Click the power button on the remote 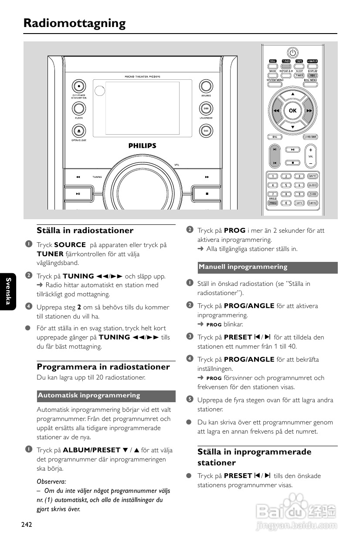point(292,52)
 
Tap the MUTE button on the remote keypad point(312,176)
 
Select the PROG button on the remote point(273,203)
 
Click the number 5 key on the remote point(286,185)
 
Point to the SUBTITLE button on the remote point(312,203)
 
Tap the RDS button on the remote point(312,75)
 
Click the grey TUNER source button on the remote point(286,61)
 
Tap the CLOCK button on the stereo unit point(78,108)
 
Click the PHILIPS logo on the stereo point(142,146)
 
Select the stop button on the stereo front point(207,193)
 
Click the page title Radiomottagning point(75,23)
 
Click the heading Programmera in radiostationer point(103,366)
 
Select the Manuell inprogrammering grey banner point(268,267)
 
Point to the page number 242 point(27,525)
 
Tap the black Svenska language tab point(8,292)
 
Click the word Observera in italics point(51,482)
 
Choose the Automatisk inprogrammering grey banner point(106,396)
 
